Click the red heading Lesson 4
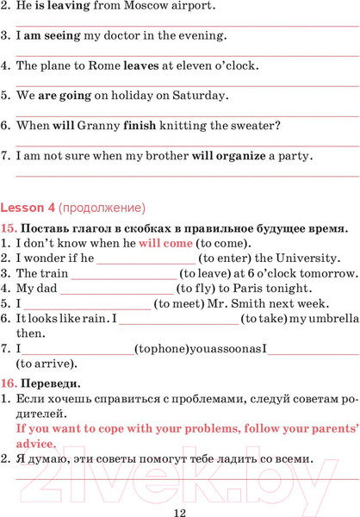pyautogui.click(x=28, y=208)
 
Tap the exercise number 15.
pyautogui.click(x=9, y=228)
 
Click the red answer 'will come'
pyautogui.click(x=166, y=243)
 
